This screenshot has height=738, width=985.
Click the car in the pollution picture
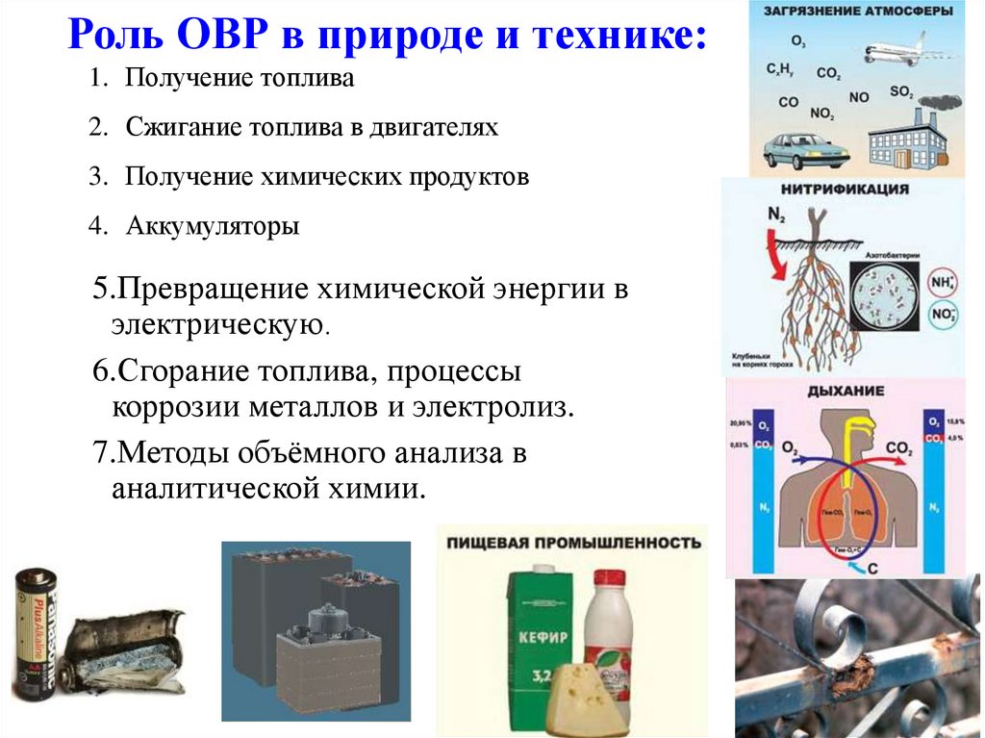(806, 151)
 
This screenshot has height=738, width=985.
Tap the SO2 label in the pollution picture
(900, 92)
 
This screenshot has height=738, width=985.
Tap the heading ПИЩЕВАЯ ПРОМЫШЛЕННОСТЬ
(573, 544)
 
